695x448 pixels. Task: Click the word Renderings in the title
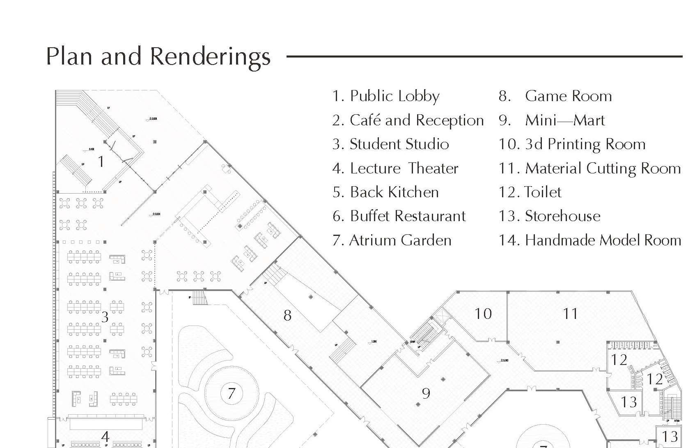[210, 57]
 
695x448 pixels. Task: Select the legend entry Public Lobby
[386, 96]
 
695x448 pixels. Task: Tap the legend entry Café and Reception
[408, 120]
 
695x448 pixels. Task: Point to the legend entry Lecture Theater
[395, 169]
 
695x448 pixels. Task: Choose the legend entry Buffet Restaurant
[399, 216]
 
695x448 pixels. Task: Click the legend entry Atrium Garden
[392, 240]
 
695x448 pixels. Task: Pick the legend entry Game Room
[555, 96]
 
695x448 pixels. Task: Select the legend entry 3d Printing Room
[572, 144]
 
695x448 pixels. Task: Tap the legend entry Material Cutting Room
[589, 169]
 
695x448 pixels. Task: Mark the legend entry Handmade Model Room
[590, 240]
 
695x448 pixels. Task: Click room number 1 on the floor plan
[101, 162]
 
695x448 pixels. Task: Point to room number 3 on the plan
[105, 317]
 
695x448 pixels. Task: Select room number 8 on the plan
[287, 316]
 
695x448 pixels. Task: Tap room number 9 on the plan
[426, 394]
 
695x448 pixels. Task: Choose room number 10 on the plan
[483, 314]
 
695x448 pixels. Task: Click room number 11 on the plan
[570, 314]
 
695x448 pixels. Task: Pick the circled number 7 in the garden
[231, 393]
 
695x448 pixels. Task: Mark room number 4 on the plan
[106, 436]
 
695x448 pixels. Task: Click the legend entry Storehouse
[550, 216]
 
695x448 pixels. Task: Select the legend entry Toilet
[530, 192]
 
